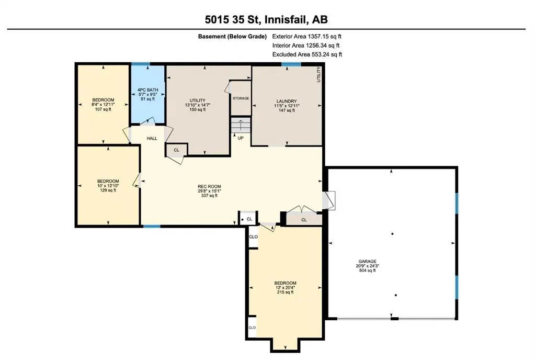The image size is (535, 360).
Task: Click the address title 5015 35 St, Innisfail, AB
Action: tap(266, 19)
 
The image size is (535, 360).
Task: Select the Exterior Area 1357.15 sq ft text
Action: tap(307, 36)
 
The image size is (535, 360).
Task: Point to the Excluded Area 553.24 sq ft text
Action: tap(307, 54)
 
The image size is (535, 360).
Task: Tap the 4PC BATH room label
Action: tap(147, 90)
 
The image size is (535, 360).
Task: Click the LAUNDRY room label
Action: tap(287, 101)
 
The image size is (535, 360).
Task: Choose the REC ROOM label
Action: tap(209, 186)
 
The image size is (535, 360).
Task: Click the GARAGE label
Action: tap(367, 262)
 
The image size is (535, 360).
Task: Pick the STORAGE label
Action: tap(241, 98)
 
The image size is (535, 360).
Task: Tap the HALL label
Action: tap(152, 138)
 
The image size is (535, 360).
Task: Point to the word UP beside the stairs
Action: tap(241, 138)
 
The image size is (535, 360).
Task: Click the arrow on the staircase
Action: tap(241, 125)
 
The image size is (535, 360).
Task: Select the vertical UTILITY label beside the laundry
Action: tap(318, 74)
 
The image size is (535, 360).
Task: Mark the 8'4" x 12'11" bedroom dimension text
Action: tap(103, 105)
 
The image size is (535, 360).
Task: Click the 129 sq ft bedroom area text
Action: tap(108, 190)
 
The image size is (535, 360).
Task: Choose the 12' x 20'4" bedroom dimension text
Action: tap(285, 288)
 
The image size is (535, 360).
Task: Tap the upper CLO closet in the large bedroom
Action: tap(253, 237)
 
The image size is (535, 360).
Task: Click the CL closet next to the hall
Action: tap(176, 150)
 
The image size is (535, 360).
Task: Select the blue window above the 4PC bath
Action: tap(141, 64)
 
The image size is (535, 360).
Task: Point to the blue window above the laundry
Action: tap(291, 64)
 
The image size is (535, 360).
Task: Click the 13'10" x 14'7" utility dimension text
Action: tap(198, 105)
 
